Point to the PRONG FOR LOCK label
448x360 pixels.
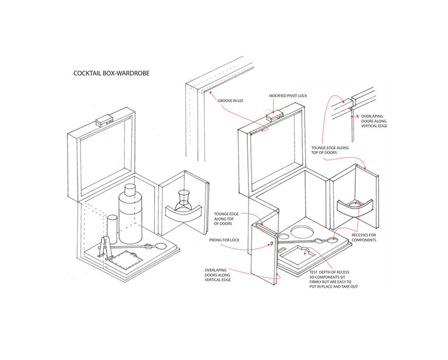click(224, 240)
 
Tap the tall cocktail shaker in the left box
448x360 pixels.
click(131, 216)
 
